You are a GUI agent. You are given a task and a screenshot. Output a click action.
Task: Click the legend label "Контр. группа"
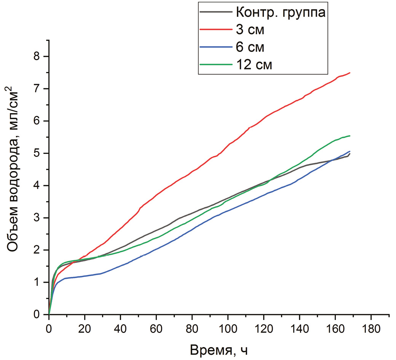pos(281,12)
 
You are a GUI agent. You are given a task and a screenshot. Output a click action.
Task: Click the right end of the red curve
pos(350,73)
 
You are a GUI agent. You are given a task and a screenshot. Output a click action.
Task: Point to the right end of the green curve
pos(350,136)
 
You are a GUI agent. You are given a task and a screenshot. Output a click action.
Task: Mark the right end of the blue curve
pos(350,151)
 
